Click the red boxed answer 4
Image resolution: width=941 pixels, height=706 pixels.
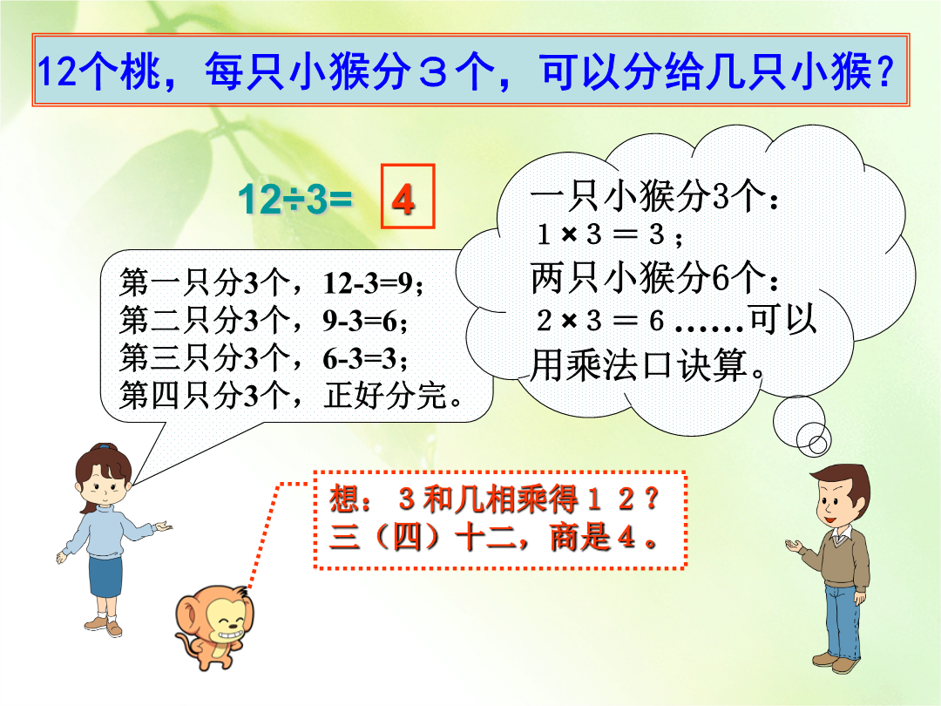coord(408,196)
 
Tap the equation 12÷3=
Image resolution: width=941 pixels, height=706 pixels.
coord(295,199)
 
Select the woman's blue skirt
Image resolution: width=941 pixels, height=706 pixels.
coord(105,576)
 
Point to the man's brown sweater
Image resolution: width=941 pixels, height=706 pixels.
coord(840,559)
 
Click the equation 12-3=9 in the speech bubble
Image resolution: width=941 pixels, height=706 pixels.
coord(373,282)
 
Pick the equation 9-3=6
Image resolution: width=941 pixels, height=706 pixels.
coord(364,322)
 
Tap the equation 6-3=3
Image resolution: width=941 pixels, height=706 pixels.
coord(364,359)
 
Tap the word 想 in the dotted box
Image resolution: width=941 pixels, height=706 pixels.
coord(344,499)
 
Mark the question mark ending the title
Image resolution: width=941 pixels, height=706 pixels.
coord(883,71)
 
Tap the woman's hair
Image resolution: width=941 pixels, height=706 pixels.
coord(101,461)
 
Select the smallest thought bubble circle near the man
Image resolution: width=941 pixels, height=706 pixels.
coord(818,445)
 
